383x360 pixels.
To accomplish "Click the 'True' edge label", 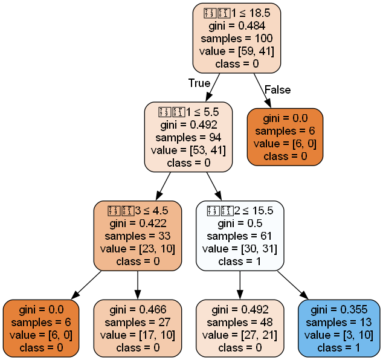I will pos(199,83).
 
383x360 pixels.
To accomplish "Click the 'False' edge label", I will pos(277,90).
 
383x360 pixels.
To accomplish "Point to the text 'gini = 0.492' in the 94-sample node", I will pos(188,125).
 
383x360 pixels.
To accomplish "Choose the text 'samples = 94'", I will pos(188,137).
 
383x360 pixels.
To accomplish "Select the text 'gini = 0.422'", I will pos(138,223).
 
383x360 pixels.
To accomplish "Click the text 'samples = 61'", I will pos(240,235).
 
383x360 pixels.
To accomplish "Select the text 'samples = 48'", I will pos(240,323).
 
